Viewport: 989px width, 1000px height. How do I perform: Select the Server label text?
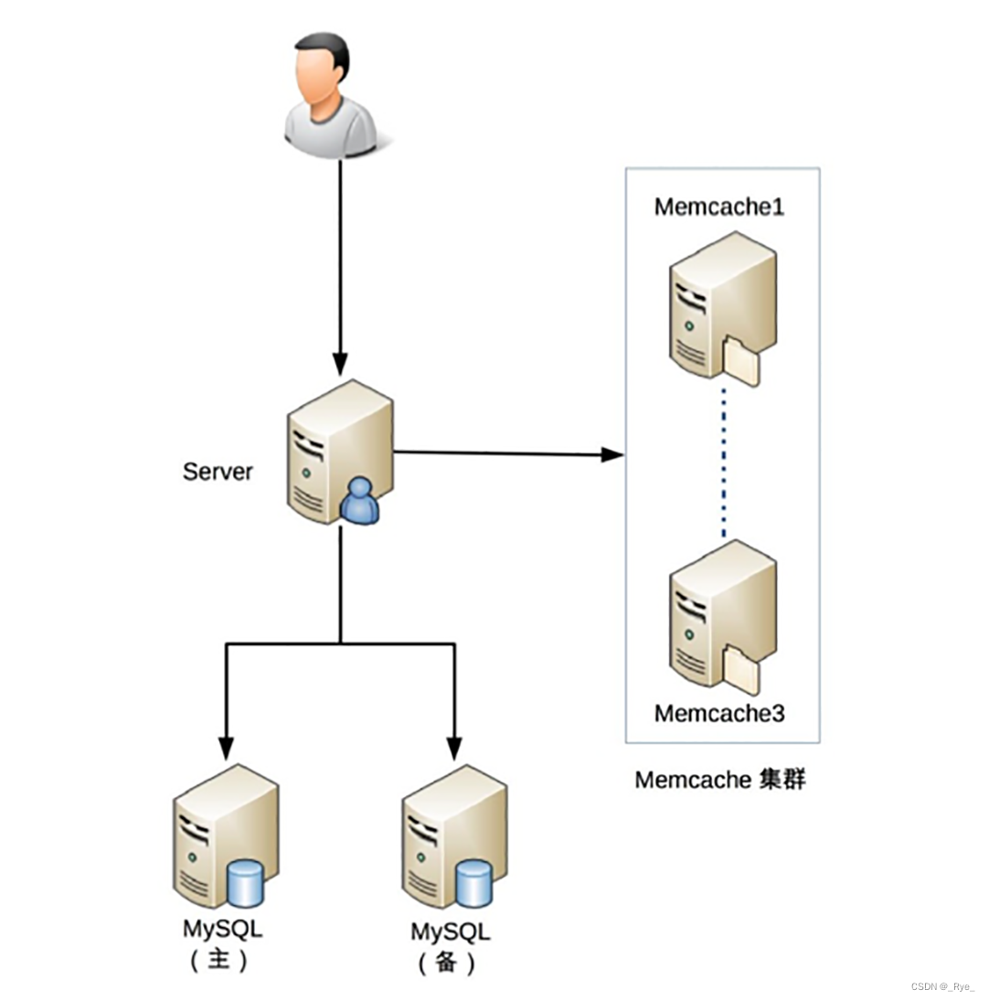pyautogui.click(x=218, y=472)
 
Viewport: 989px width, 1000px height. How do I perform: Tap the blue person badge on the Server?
pyautogui.click(x=362, y=503)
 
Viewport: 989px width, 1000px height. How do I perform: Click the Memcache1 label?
pyautogui.click(x=719, y=207)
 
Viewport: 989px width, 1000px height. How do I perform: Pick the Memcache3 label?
pyautogui.click(x=719, y=713)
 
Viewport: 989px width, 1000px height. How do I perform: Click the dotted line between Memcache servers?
pyautogui.click(x=723, y=462)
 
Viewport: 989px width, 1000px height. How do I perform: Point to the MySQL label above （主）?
pyautogui.click(x=222, y=931)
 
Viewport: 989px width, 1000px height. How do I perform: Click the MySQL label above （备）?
pyautogui.click(x=450, y=933)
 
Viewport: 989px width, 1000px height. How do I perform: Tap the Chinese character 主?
pyautogui.click(x=220, y=962)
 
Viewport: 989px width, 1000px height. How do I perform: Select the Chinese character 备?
pyautogui.click(x=448, y=964)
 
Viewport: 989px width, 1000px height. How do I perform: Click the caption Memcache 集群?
pyautogui.click(x=720, y=781)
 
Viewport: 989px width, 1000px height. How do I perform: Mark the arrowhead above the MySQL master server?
pyautogui.click(x=227, y=750)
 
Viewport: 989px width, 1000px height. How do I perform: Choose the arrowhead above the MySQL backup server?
pyautogui.click(x=454, y=750)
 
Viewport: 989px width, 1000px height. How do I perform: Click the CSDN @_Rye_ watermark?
pyautogui.click(x=942, y=986)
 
